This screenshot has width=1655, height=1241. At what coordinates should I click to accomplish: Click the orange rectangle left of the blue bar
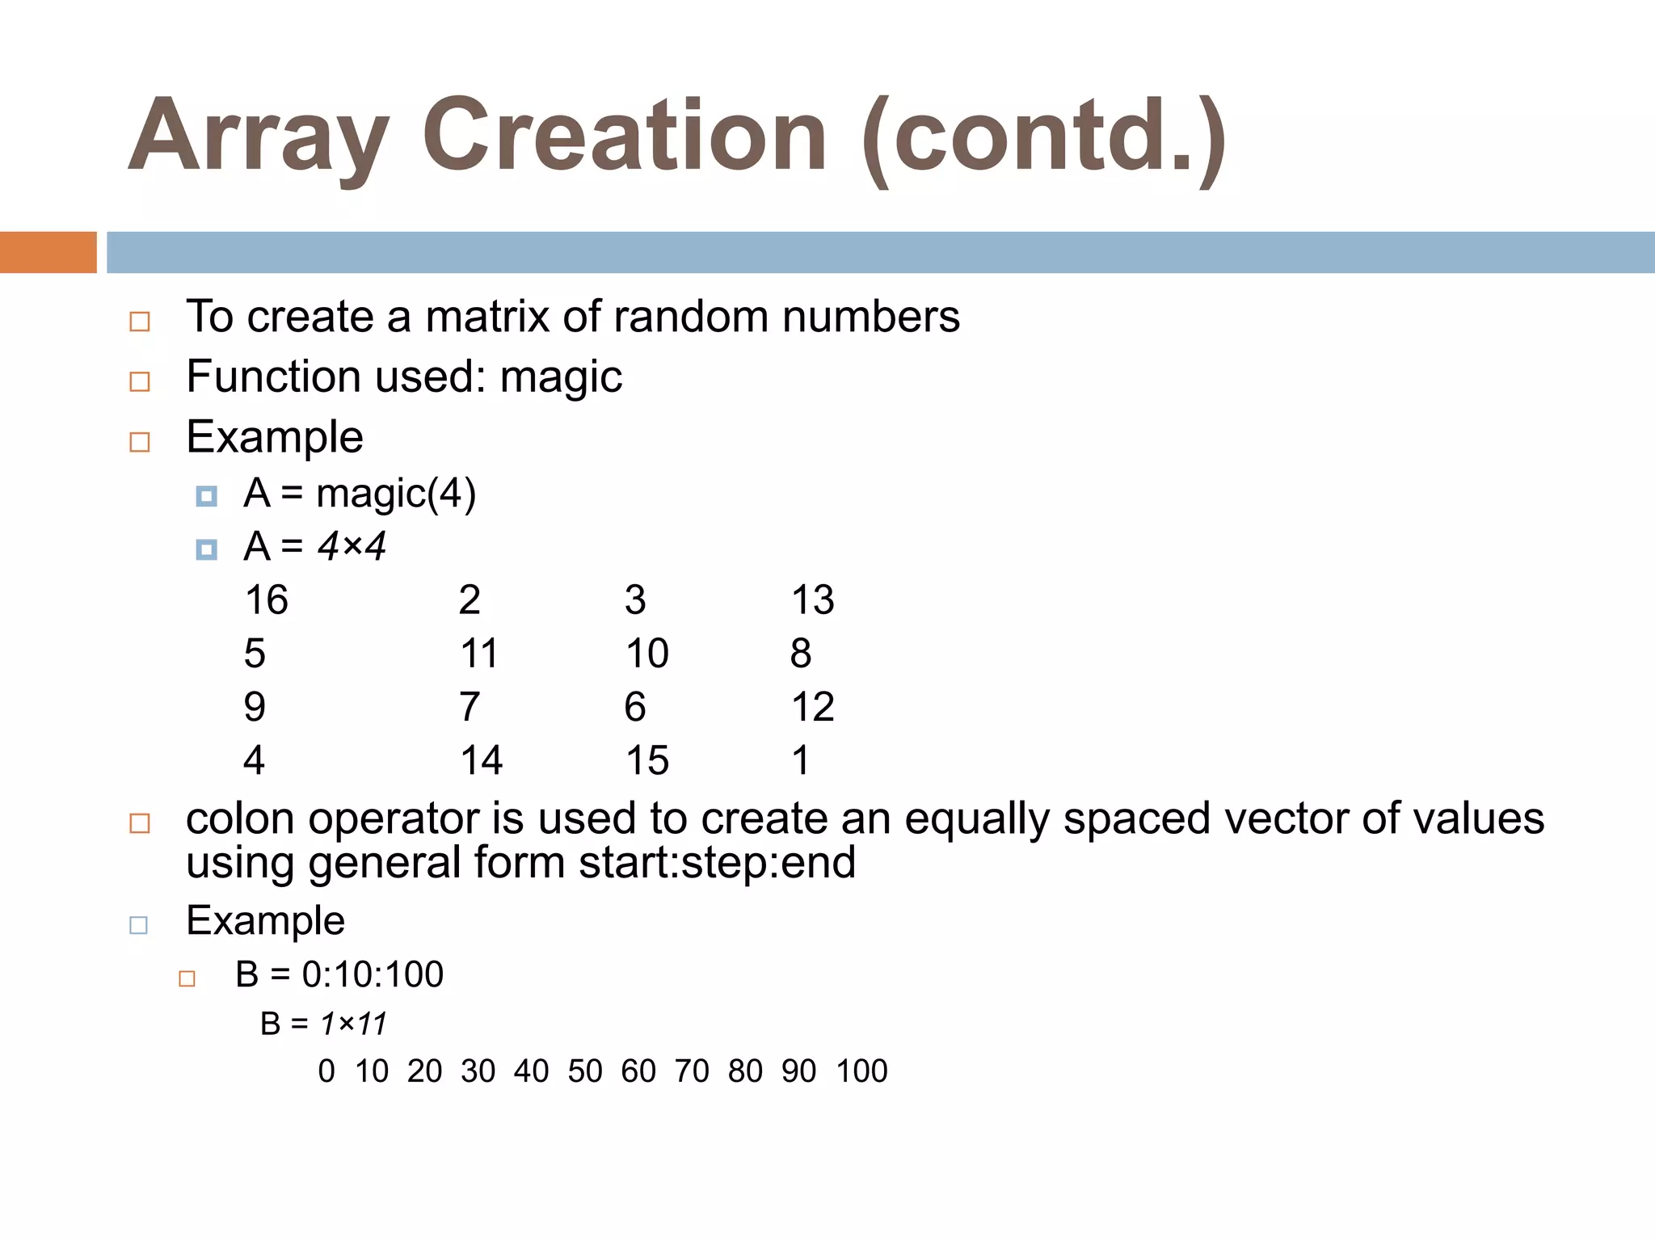coord(48,252)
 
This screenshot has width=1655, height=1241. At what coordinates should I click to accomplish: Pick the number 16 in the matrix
coord(266,600)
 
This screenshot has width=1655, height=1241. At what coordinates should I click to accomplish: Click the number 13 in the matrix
coord(812,600)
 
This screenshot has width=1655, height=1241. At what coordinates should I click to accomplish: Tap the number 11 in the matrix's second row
coord(479,654)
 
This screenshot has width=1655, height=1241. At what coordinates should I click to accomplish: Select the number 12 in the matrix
coord(812,708)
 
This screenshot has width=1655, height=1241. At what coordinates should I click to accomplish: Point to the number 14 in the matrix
coord(481,761)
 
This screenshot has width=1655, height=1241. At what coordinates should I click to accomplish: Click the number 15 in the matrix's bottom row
coord(646,761)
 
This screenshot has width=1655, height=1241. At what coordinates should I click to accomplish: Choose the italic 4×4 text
coord(352,547)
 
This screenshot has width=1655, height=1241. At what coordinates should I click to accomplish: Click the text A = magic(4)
coord(360,494)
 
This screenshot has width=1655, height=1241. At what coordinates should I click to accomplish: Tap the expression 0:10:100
coord(373,974)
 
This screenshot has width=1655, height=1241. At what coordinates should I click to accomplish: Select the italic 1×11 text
coord(353,1024)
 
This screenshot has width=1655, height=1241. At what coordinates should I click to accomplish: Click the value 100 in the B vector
coord(861,1071)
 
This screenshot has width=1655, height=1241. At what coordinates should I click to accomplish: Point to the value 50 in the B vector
coord(585,1071)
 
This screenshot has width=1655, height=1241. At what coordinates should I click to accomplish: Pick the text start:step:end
coord(717,863)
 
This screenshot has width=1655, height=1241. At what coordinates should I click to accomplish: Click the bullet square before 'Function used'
coord(140,381)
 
